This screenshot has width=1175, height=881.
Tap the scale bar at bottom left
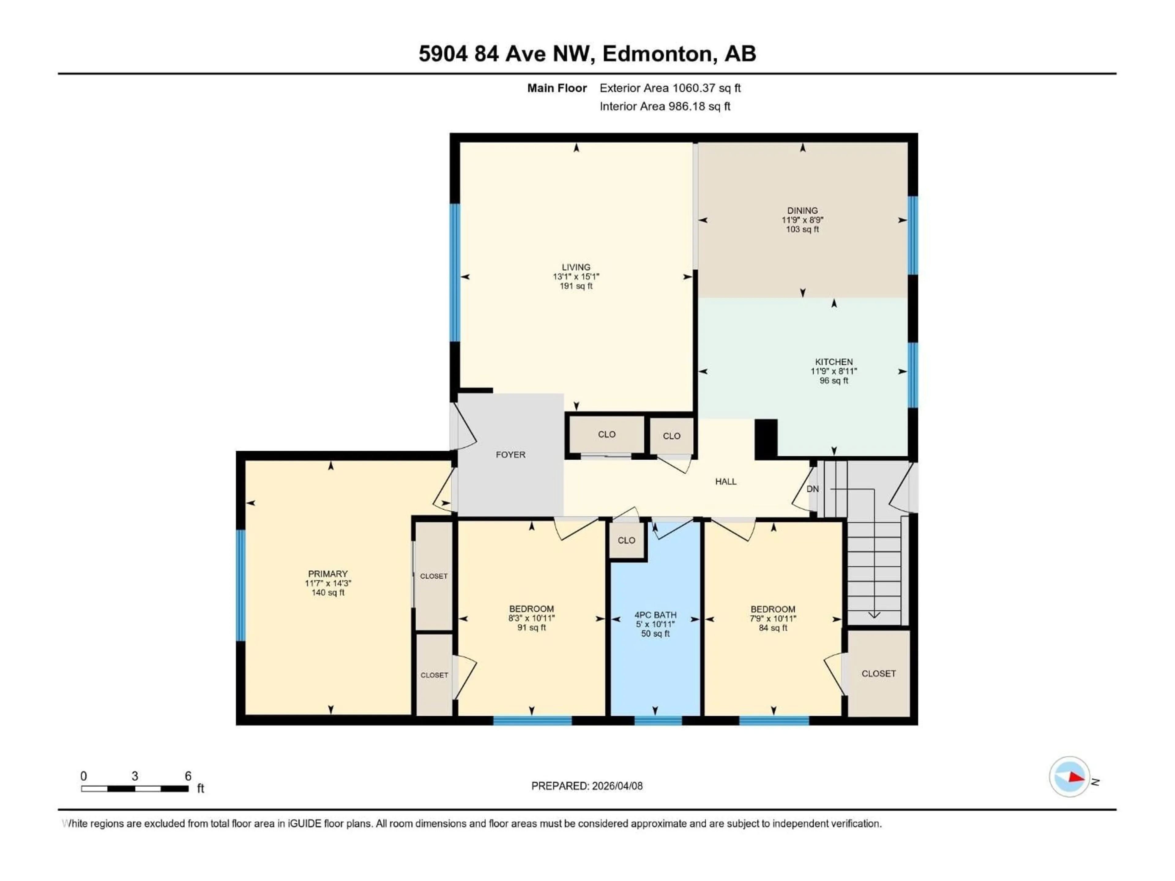tap(135, 789)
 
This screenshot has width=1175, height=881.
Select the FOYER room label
tap(510, 455)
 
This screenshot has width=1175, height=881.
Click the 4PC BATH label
tap(655, 615)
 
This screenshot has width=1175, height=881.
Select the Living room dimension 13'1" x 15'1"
tap(576, 277)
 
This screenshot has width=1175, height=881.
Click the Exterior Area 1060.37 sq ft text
tap(670, 88)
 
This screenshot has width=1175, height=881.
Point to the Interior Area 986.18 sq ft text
tap(665, 106)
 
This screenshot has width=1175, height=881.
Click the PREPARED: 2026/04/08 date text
tap(587, 786)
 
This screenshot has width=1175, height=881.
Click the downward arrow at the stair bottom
tap(874, 615)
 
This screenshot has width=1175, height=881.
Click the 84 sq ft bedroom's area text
tap(773, 628)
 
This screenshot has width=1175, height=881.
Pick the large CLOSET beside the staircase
tap(878, 673)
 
